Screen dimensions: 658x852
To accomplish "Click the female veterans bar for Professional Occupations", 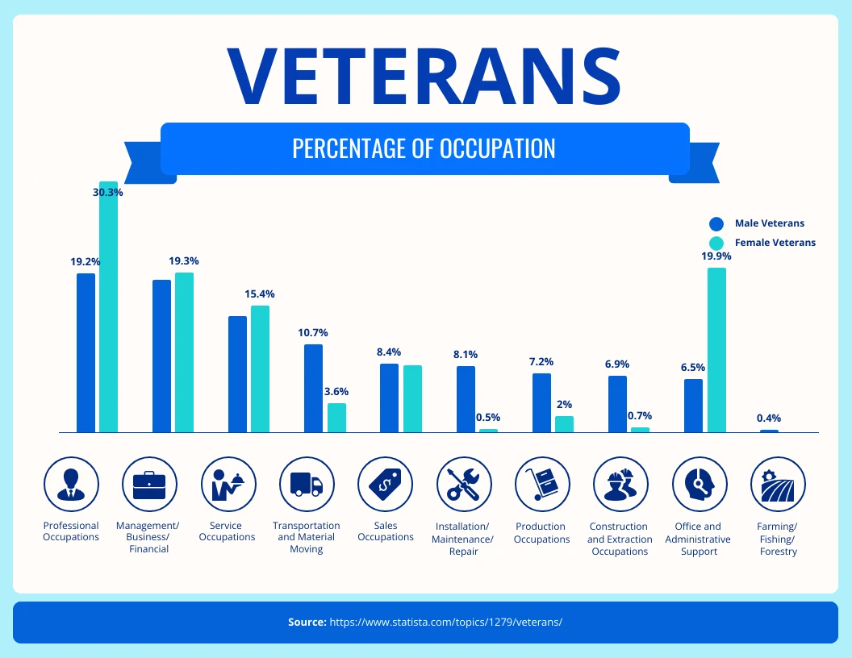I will coord(108,306).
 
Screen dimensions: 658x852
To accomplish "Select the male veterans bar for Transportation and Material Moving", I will coord(313,388).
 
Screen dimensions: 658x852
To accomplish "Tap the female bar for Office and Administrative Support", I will coord(716,350).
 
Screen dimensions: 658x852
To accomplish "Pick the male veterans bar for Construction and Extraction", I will coord(617,404).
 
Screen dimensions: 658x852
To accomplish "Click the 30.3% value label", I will coord(108,193).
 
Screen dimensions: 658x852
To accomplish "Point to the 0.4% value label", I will coord(768,419).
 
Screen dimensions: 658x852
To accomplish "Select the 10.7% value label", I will coord(313,332).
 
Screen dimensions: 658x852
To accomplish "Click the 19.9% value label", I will coord(716,256).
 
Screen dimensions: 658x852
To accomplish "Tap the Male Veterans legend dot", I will coord(716,224).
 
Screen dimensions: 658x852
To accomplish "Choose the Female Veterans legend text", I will coord(775,243).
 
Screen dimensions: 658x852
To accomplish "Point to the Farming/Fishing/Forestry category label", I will coord(778,539).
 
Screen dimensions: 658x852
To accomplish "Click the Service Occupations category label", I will coord(227,531).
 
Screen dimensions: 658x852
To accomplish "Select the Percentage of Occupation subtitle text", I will coord(424,148).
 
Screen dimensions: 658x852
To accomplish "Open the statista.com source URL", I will coord(445,623).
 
